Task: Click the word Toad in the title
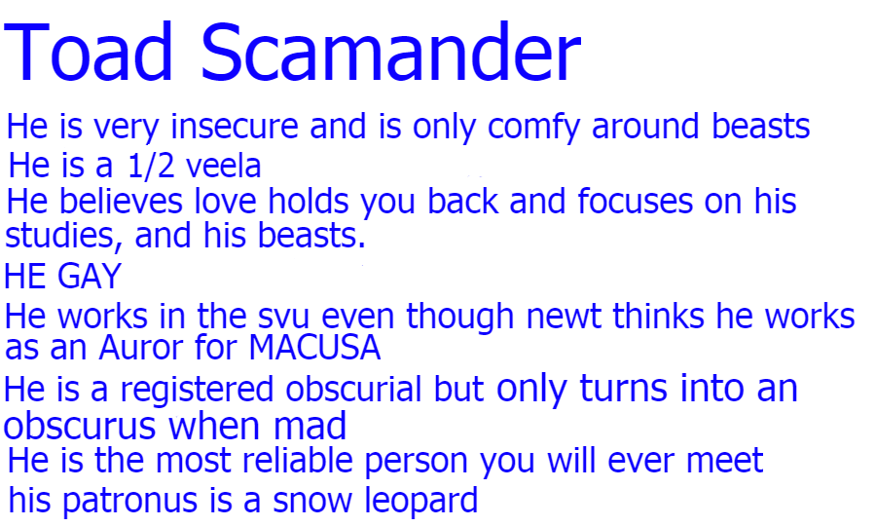coord(89,52)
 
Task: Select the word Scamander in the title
coord(391,52)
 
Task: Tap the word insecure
coord(235,126)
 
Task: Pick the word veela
coord(224,167)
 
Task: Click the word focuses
coord(635,202)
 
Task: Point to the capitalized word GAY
coord(90,276)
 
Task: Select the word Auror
coord(141,348)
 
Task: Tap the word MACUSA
coord(314,348)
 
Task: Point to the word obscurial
coord(353,389)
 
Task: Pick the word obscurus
coord(80,427)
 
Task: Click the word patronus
coord(130,502)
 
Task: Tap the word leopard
coord(421,502)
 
